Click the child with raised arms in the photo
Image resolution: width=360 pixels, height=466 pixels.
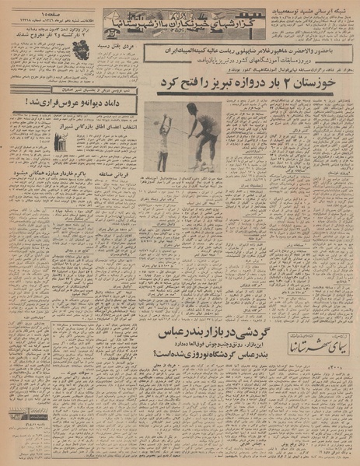(x=165, y=134)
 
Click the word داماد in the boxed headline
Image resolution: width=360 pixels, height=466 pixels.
(x=78, y=101)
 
